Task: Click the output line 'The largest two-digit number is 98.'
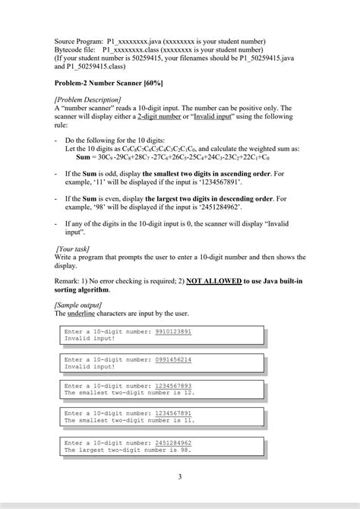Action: point(128,450)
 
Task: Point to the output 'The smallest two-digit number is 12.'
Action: point(130,393)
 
